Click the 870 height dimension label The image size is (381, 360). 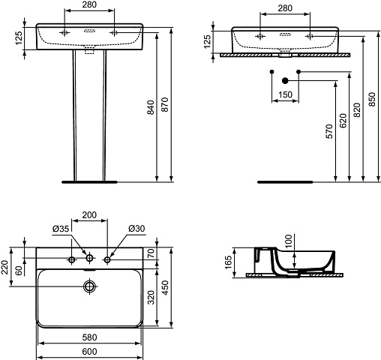coord(165,104)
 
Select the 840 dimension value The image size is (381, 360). coord(151,107)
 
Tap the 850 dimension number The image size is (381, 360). coord(372,100)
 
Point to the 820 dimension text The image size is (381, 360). coord(358,110)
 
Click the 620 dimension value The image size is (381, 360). coord(343,121)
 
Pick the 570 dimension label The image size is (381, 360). coord(329,131)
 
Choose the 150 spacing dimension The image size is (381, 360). coord(285,94)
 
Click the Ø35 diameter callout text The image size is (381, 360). coord(61,229)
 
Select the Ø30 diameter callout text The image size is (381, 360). coord(136,229)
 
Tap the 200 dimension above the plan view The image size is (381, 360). coord(89,215)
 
